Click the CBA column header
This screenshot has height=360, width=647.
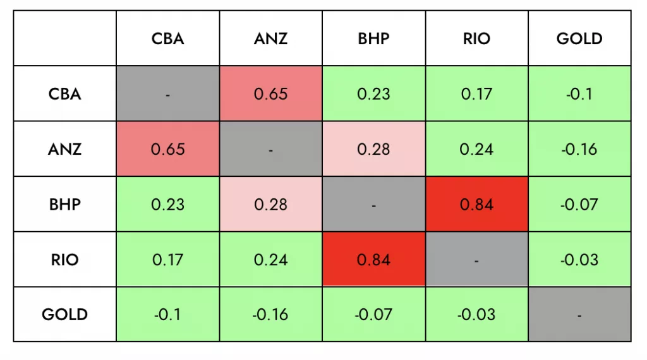click(167, 39)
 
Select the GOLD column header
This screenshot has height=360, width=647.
click(579, 39)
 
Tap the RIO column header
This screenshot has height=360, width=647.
click(476, 39)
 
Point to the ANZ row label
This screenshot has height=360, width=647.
click(64, 149)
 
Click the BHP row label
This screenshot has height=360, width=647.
click(64, 205)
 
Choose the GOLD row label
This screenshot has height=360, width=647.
click(64, 315)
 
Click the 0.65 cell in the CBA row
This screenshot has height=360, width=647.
click(270, 94)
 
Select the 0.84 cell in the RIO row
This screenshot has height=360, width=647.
click(373, 260)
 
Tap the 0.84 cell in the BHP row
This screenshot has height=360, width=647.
click(476, 205)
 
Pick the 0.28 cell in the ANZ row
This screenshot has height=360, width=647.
click(373, 149)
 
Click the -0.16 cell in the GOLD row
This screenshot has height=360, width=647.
click(270, 315)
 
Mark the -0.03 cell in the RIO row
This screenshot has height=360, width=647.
click(579, 260)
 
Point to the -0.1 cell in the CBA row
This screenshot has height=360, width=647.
click(579, 94)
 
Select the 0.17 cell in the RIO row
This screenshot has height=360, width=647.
click(167, 260)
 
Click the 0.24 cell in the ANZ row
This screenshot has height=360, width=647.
click(476, 149)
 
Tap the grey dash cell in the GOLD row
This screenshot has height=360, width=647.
click(579, 315)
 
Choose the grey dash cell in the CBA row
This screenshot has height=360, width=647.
click(167, 94)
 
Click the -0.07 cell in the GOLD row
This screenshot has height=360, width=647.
click(373, 315)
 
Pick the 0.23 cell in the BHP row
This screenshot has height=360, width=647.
click(167, 205)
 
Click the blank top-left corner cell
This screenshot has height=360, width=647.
click(64, 39)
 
